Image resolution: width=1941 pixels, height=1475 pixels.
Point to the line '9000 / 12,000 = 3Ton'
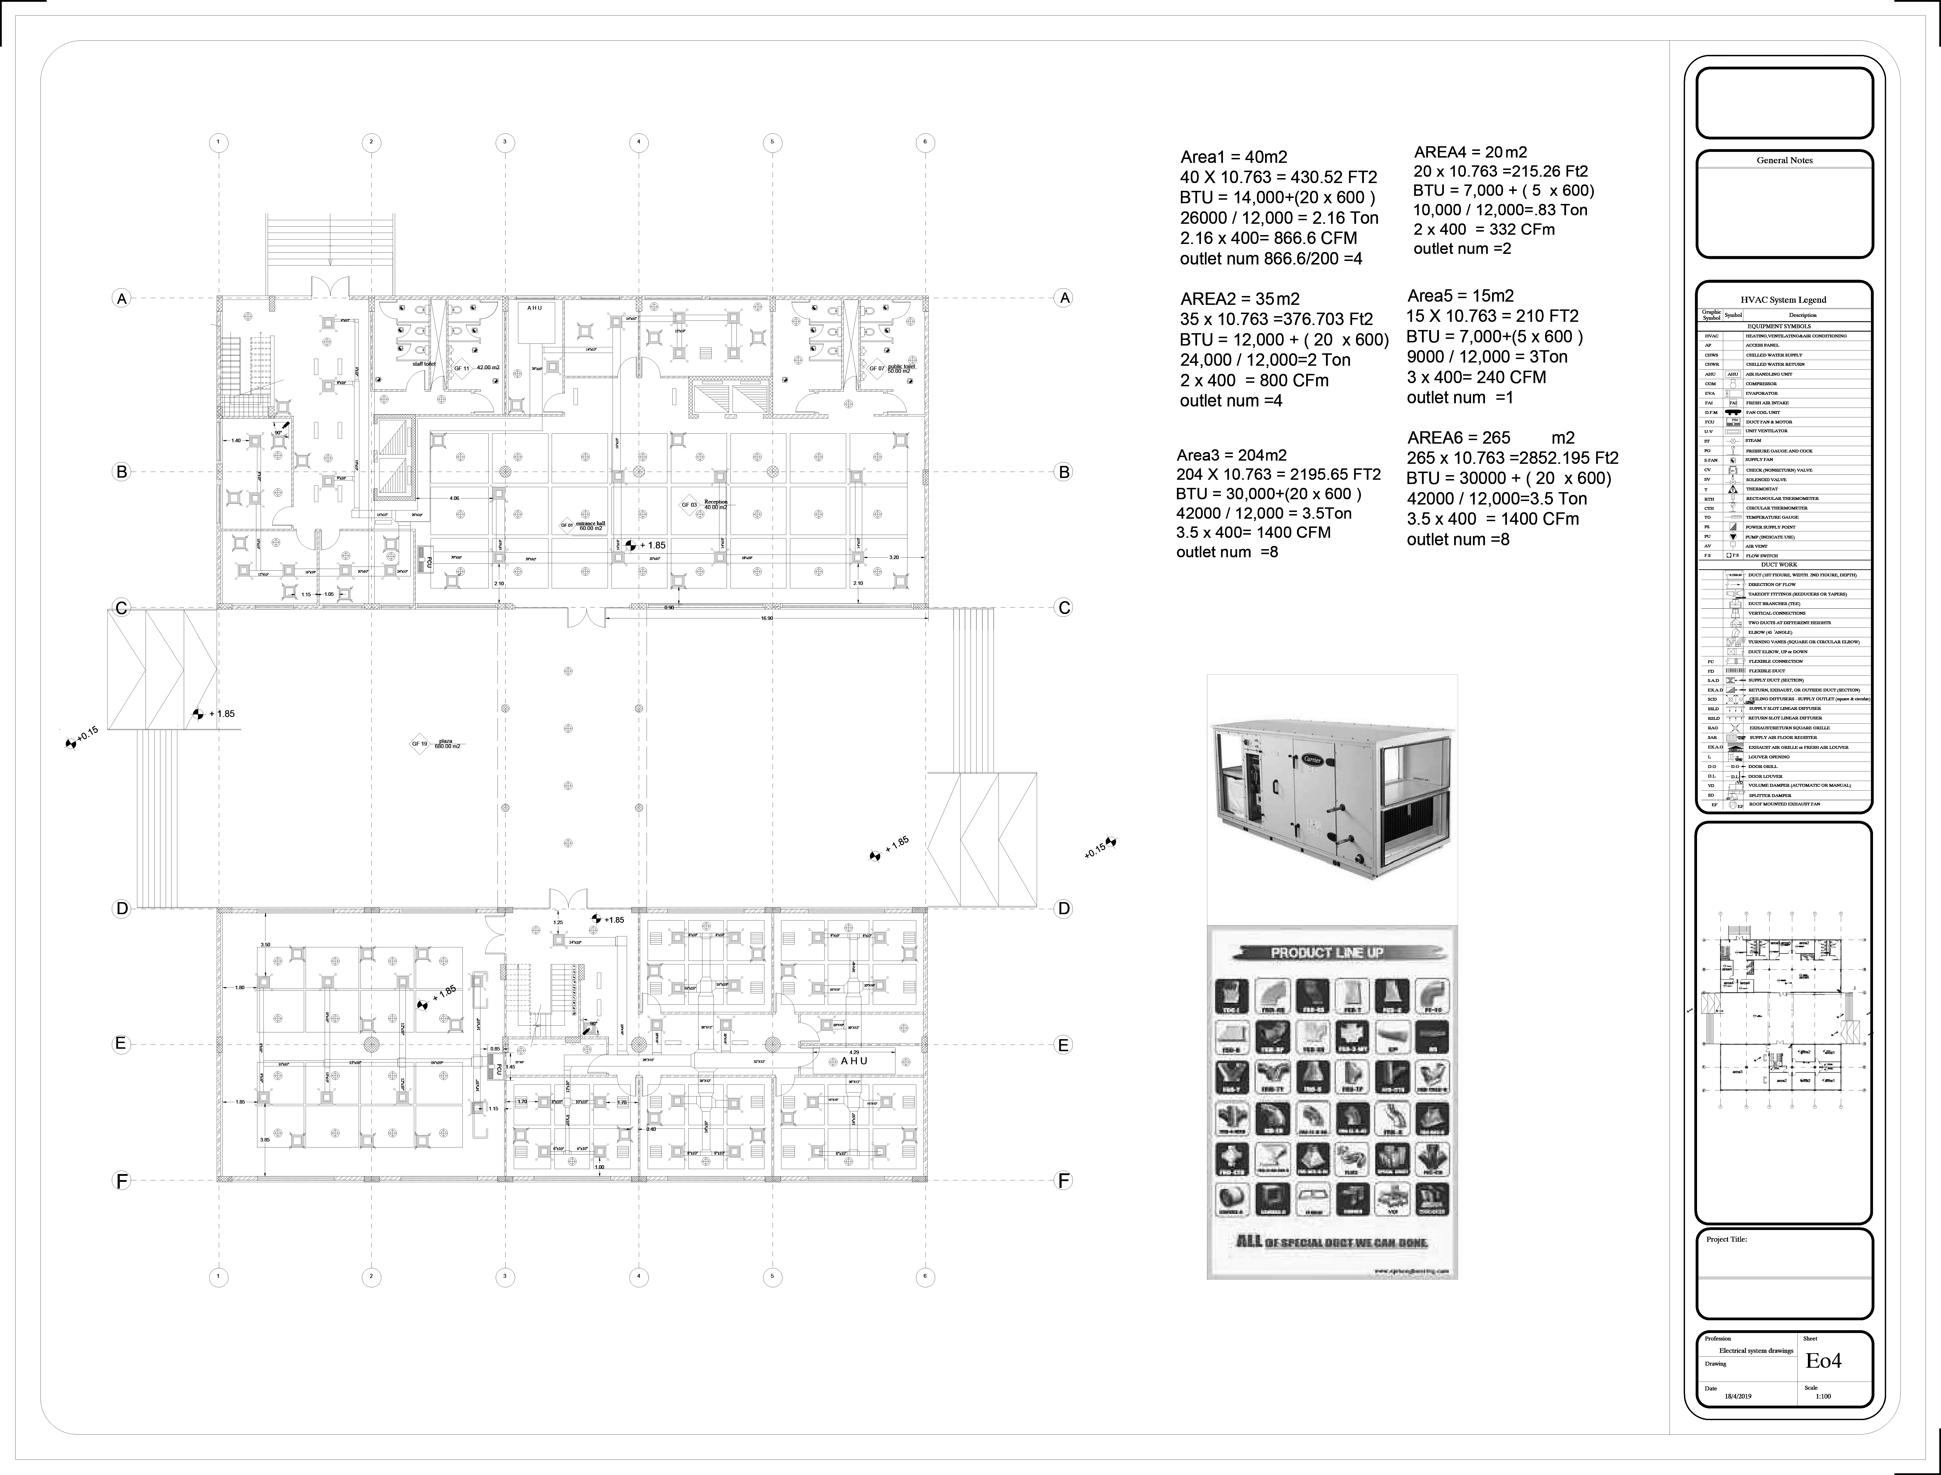(x=1486, y=357)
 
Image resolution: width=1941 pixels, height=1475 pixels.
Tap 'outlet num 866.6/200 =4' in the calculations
(x=1270, y=259)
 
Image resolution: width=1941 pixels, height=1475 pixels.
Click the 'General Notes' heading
(x=1784, y=161)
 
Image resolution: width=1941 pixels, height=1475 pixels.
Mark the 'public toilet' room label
(x=901, y=368)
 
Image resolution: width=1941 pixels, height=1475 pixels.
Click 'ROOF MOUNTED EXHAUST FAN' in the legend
(x=1778, y=804)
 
